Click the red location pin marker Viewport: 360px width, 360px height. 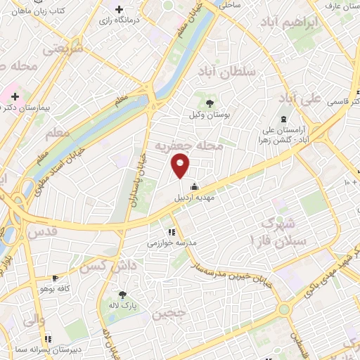point(181,166)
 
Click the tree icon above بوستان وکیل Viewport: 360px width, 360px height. point(210,103)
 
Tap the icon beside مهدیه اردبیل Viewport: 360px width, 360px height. point(194,187)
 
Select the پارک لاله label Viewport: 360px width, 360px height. point(123,307)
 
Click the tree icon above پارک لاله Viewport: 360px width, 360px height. point(123,295)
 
